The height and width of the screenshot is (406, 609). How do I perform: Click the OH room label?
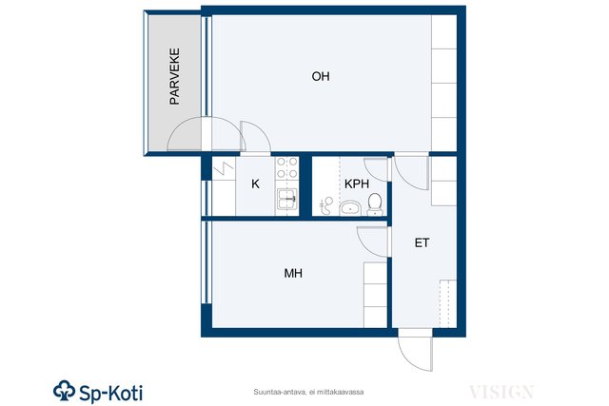(x=321, y=76)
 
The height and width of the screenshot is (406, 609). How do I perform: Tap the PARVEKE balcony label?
(x=175, y=76)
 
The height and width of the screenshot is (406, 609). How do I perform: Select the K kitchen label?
(x=255, y=184)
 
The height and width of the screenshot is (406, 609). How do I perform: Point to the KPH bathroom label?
(x=357, y=184)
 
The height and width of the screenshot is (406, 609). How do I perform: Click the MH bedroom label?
(x=293, y=273)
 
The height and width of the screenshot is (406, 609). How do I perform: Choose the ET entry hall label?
(x=422, y=243)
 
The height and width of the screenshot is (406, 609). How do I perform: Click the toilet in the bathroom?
(x=375, y=204)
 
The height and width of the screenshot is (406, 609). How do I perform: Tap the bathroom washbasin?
(x=350, y=208)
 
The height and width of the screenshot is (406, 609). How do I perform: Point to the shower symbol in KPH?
(x=326, y=205)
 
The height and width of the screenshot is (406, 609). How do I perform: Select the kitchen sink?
(x=287, y=199)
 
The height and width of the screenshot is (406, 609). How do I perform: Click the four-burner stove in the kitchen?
(x=287, y=167)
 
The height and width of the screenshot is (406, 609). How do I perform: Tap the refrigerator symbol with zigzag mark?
(x=224, y=168)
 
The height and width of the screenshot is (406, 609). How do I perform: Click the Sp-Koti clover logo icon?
(x=64, y=390)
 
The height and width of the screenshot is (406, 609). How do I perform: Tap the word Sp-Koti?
(x=111, y=393)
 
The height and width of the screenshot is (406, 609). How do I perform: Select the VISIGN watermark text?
(x=501, y=392)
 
